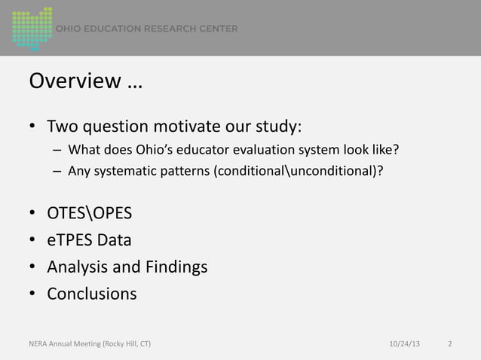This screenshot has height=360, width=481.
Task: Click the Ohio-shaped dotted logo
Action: tap(32, 28)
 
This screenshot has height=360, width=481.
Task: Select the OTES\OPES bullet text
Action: tap(90, 214)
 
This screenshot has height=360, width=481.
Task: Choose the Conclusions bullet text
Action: tap(92, 293)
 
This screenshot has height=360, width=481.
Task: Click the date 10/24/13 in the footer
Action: tap(406, 344)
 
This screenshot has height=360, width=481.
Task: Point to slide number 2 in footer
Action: tap(450, 344)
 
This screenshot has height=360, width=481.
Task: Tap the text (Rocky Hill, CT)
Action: tap(121, 344)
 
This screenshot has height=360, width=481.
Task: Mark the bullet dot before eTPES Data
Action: tap(33, 241)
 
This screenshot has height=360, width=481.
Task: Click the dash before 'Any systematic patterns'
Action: tap(57, 169)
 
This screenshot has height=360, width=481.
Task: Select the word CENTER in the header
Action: tap(218, 29)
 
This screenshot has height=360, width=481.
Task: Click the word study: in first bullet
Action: tap(280, 125)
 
